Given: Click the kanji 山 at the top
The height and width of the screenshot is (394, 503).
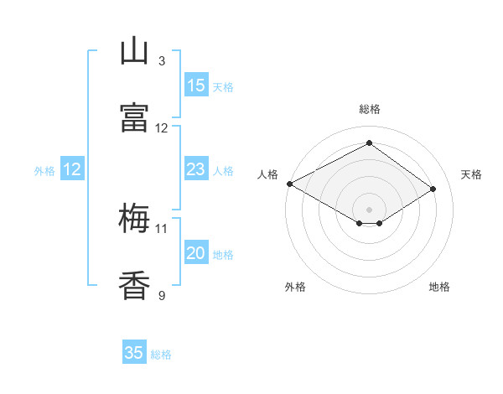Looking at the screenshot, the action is (x=134, y=50).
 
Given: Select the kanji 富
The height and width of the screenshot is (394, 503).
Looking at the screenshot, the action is (x=134, y=117).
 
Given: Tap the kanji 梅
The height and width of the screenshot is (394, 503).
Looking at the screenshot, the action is (x=134, y=218).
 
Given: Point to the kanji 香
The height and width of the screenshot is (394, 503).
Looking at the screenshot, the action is (x=134, y=285).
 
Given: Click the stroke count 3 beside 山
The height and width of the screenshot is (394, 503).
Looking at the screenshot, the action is (x=162, y=61).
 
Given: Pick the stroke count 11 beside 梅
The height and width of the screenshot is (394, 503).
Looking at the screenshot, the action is (x=161, y=229).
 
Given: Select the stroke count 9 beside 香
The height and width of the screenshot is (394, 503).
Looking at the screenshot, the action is (x=162, y=295).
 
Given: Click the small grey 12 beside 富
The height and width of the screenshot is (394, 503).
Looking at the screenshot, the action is (x=161, y=128).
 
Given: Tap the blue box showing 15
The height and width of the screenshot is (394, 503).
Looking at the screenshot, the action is (x=196, y=85).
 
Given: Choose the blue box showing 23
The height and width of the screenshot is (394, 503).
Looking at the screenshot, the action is (x=196, y=168).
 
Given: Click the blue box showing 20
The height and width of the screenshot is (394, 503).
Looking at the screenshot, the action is (x=196, y=251).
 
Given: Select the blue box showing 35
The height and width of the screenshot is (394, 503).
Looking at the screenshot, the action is (x=134, y=351).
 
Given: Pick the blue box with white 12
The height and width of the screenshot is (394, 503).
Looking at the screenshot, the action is (x=72, y=168).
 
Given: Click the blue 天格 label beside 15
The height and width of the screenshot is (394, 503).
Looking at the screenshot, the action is (x=223, y=87).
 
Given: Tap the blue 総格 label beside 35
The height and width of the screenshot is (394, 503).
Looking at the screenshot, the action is (x=161, y=355).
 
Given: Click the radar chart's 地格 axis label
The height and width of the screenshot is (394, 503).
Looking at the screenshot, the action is (x=439, y=287).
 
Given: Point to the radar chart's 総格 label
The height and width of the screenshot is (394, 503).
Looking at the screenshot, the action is (x=370, y=109).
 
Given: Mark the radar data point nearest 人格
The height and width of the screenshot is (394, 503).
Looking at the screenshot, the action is (x=290, y=184).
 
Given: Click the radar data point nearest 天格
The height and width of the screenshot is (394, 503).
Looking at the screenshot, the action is (x=433, y=189).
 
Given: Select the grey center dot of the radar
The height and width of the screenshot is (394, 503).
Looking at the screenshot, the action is (x=369, y=210).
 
